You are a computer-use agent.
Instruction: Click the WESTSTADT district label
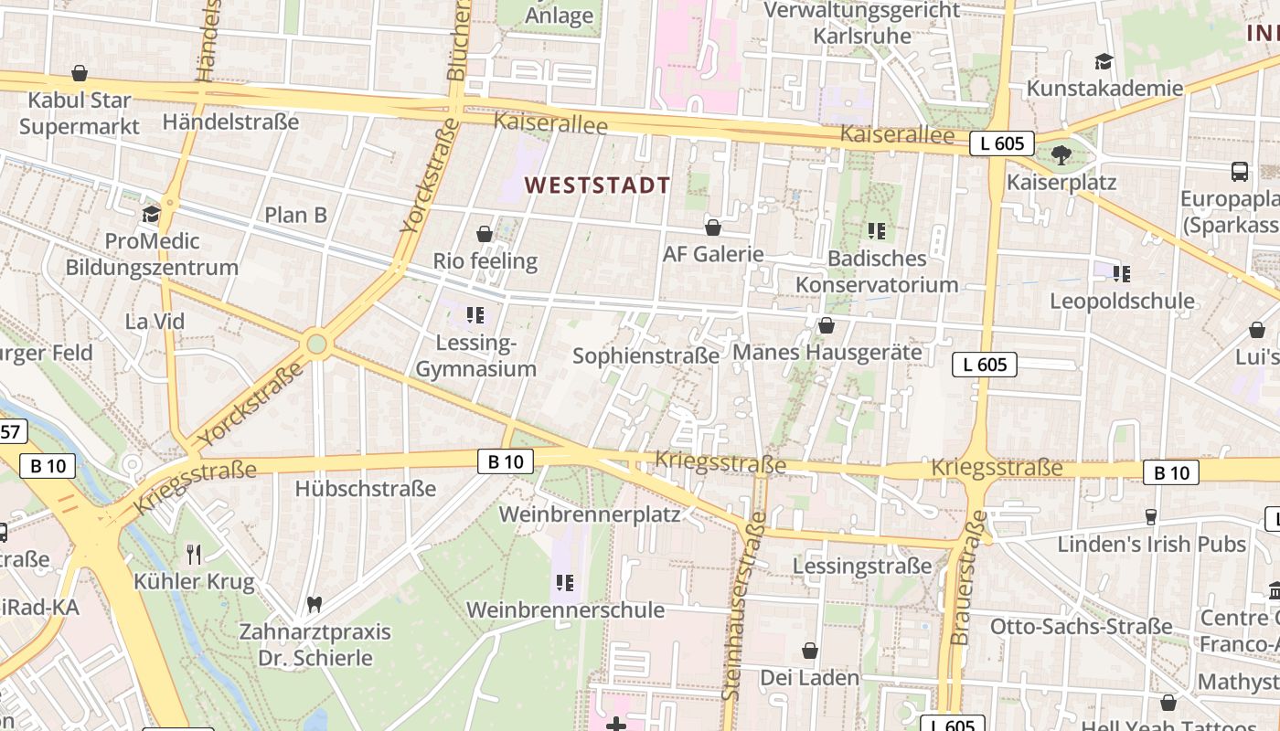tap(598, 185)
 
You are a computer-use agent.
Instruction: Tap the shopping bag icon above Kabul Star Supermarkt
tap(80, 73)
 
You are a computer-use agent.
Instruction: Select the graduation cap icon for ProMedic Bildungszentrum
tap(151, 215)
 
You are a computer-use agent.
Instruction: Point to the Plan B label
tap(295, 215)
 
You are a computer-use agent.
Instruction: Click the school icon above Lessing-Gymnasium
tap(475, 316)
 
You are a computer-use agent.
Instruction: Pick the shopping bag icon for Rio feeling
tap(485, 234)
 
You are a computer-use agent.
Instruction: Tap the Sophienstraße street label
tap(645, 355)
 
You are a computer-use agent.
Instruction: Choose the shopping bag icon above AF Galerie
tap(713, 228)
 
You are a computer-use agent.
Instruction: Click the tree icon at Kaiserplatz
tap(1061, 155)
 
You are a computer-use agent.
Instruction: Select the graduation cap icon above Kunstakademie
tap(1104, 62)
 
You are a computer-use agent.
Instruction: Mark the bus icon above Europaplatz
tap(1240, 172)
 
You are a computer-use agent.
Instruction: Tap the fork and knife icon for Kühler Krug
tap(194, 554)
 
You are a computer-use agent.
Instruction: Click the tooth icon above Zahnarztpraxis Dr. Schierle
tap(314, 604)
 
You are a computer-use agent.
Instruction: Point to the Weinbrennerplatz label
tap(590, 514)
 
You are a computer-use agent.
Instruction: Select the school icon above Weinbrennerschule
tap(565, 582)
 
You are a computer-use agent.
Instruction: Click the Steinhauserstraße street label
tap(743, 606)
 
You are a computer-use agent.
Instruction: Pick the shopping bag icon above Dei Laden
tap(809, 651)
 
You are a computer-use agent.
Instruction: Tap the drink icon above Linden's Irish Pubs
tap(1151, 517)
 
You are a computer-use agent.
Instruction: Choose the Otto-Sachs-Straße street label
tap(1081, 626)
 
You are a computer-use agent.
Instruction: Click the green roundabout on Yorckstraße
tap(316, 344)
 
